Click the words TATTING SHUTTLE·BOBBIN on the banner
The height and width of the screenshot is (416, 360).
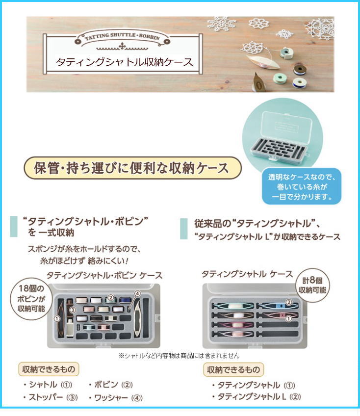(x=122, y=36)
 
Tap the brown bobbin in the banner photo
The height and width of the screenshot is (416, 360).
(x=300, y=69)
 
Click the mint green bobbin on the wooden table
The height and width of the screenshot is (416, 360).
(x=280, y=78)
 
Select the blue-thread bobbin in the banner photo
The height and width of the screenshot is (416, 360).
(x=300, y=82)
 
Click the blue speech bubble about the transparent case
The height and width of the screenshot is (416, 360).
(x=302, y=187)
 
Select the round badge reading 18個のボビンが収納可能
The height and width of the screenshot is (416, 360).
(x=31, y=298)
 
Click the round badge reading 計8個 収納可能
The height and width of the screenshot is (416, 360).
(x=312, y=286)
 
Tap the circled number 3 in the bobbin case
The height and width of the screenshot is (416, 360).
(x=73, y=310)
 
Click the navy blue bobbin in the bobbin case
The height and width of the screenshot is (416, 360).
(x=126, y=300)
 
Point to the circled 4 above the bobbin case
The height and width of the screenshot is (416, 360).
(x=137, y=293)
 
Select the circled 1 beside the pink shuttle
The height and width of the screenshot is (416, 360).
(x=288, y=319)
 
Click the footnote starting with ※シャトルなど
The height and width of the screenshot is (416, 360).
(x=179, y=356)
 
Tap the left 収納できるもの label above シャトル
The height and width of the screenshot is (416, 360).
(x=49, y=369)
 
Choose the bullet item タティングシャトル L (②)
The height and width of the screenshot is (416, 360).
(x=257, y=397)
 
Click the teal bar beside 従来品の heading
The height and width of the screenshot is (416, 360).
(x=183, y=229)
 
